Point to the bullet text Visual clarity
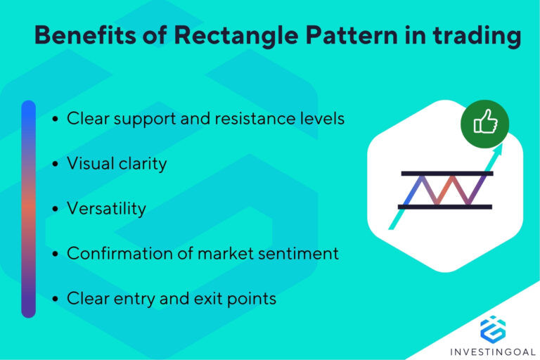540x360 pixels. coord(117,164)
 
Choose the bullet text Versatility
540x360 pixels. coord(106,208)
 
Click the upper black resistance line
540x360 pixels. coord(447,173)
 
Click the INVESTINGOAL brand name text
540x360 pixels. coord(492,350)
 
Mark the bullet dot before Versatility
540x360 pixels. coord(56,210)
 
